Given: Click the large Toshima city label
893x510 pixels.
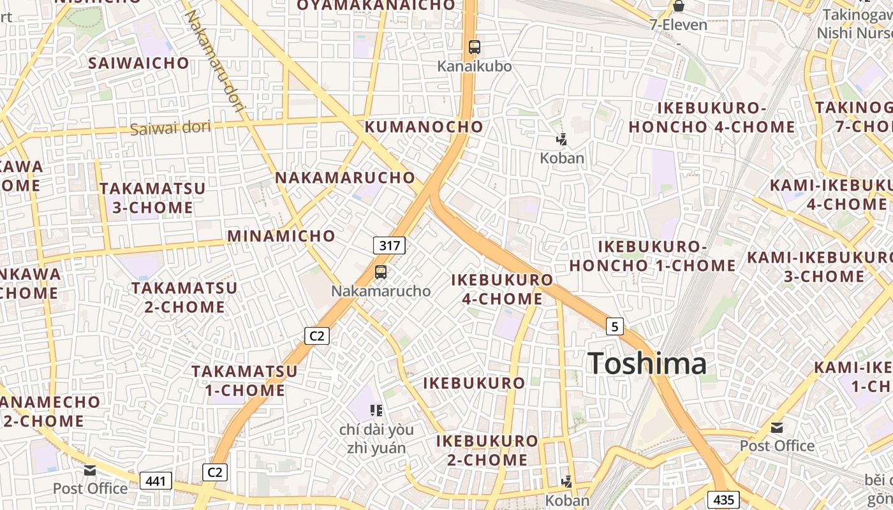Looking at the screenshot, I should pos(647,364).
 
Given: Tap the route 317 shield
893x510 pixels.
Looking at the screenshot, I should pos(389,245).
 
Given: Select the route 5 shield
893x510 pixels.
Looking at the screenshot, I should pos(614,326).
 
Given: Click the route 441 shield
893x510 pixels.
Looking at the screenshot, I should pos(156,481).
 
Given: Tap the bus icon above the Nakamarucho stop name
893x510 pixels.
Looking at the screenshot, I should pos(381,272).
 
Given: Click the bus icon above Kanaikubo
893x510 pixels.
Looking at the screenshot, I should pos(475,47).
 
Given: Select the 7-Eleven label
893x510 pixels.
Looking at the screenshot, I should pos(679,25).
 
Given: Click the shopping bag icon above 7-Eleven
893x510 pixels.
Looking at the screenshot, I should pos(679,6).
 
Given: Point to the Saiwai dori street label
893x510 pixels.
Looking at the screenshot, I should pos(170,127).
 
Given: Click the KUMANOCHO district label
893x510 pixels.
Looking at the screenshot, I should pos(424,126).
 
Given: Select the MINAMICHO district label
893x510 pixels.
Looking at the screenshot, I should pos(281,236).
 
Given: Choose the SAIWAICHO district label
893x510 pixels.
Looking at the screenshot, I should pos(139,63).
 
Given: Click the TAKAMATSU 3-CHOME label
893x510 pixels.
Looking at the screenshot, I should pos(153,198).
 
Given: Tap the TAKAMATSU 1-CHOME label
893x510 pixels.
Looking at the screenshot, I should pos(245,381).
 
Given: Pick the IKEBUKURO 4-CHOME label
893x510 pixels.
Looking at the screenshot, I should pos(502,289).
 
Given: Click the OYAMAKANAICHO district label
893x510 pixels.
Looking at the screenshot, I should pos(376,6).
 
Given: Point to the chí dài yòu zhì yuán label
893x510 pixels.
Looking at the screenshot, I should pos(376,439).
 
